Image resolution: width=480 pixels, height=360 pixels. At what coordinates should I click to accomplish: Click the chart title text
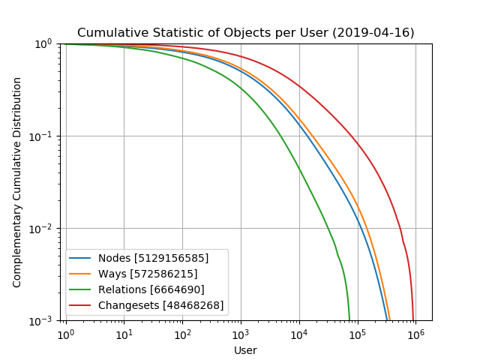245,33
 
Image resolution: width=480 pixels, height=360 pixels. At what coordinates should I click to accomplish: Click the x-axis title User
245,350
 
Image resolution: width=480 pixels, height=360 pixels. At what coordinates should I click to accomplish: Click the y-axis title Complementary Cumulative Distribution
17,182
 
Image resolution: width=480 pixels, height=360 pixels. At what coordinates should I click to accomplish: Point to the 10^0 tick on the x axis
66,334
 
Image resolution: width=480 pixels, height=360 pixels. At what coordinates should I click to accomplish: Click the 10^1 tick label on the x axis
124,334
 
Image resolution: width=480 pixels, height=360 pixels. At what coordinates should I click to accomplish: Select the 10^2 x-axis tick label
183,334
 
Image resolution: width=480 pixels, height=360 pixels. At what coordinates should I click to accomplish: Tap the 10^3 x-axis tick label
241,334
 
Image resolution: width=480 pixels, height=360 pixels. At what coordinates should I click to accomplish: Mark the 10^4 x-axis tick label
299,334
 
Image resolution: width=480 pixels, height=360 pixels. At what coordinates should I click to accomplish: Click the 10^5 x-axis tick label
358,334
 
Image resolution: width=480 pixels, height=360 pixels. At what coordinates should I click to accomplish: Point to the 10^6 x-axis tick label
416,334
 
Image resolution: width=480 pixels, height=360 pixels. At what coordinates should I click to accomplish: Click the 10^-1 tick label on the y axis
43,136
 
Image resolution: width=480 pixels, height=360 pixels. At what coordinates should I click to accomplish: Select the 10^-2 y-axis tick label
43,229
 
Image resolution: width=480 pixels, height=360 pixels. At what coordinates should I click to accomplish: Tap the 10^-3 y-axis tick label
43,321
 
